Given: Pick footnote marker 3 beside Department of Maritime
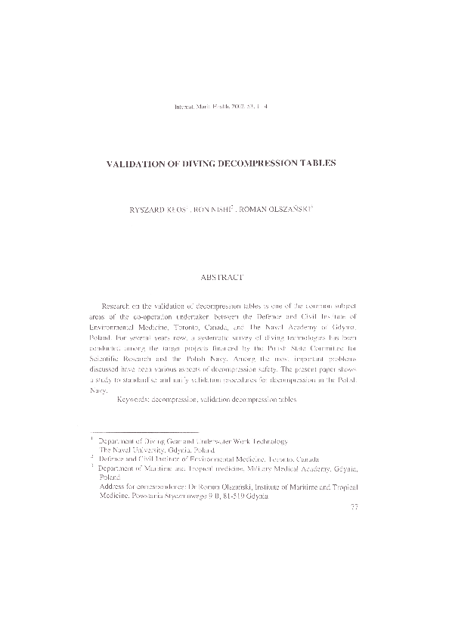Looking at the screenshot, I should pos(91,468).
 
